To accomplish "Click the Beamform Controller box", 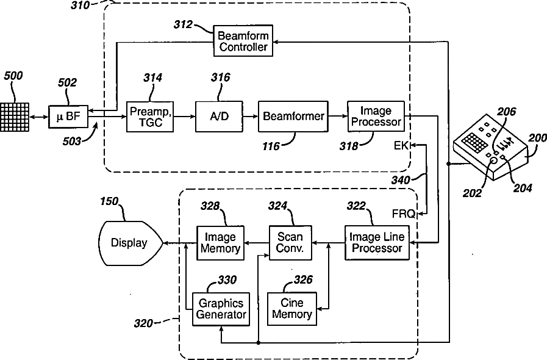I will (x=243, y=40).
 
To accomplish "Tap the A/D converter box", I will (x=219, y=117).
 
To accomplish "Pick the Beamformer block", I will (x=293, y=116).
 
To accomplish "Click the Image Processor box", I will (x=376, y=117).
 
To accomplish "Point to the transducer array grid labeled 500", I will (x=15, y=115).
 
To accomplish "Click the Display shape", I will (x=129, y=243).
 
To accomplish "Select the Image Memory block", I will (x=220, y=243).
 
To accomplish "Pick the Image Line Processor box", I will (x=376, y=243).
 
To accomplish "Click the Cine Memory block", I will (x=292, y=308).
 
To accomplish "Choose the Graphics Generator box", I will (x=220, y=308).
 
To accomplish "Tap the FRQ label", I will (x=404, y=214).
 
